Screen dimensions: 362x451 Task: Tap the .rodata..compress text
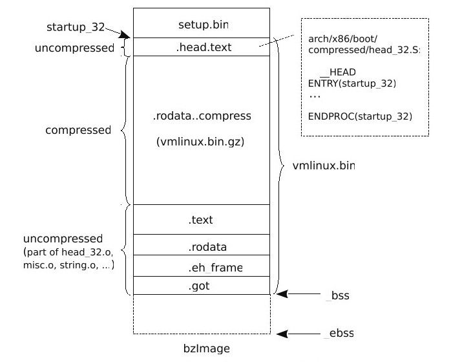[201, 116]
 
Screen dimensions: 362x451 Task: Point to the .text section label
[201, 220]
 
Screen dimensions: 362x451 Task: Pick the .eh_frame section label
[206, 266]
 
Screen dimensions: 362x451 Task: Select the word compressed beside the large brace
[78, 130]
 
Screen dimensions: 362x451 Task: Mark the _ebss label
[339, 334]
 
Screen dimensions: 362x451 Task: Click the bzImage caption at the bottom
[201, 349]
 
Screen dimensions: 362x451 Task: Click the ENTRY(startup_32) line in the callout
[352, 83]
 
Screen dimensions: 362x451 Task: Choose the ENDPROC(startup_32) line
[360, 116]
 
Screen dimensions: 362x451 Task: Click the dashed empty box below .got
[201, 315]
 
